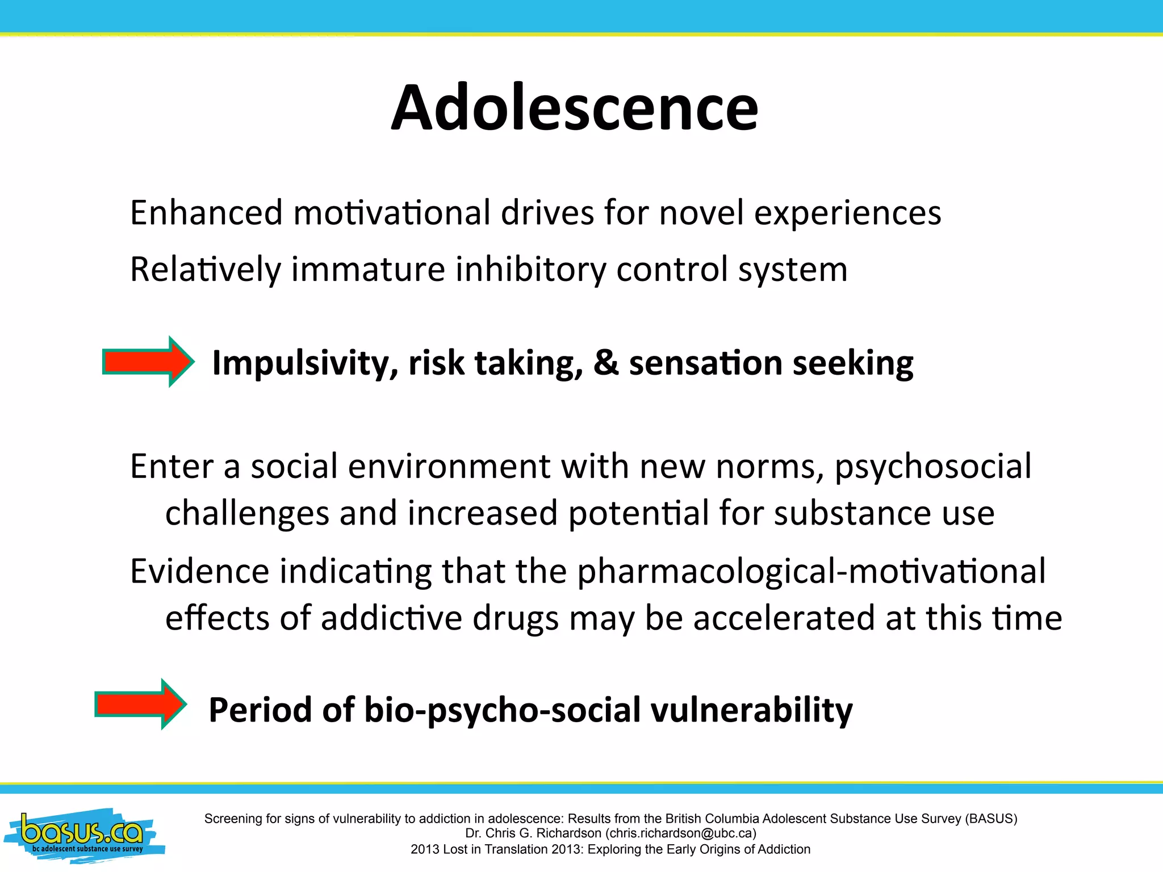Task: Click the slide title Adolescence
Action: (x=574, y=107)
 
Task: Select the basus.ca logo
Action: (x=83, y=835)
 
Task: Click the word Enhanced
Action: (x=206, y=213)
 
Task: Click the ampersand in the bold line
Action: (x=606, y=363)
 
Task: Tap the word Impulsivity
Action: (x=305, y=364)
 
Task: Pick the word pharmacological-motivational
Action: (x=811, y=572)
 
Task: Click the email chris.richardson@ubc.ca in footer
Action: (x=681, y=833)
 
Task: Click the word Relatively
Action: (x=206, y=270)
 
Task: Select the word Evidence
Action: (x=199, y=572)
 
